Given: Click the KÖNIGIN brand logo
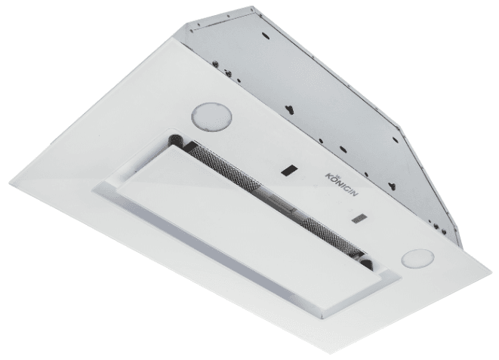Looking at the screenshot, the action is point(341,184).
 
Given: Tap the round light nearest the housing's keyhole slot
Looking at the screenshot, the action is point(211,116).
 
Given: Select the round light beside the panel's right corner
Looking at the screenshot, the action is point(417,258).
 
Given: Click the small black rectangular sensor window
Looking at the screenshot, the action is point(289,171).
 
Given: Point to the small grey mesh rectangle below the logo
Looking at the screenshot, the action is point(359,219).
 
